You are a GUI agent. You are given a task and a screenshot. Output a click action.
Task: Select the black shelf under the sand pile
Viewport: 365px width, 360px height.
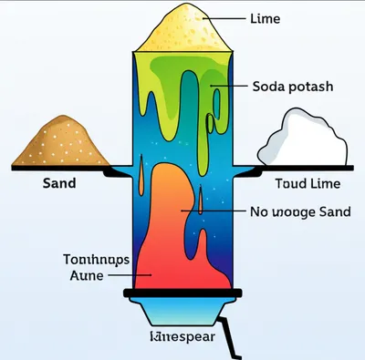click(64, 168)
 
